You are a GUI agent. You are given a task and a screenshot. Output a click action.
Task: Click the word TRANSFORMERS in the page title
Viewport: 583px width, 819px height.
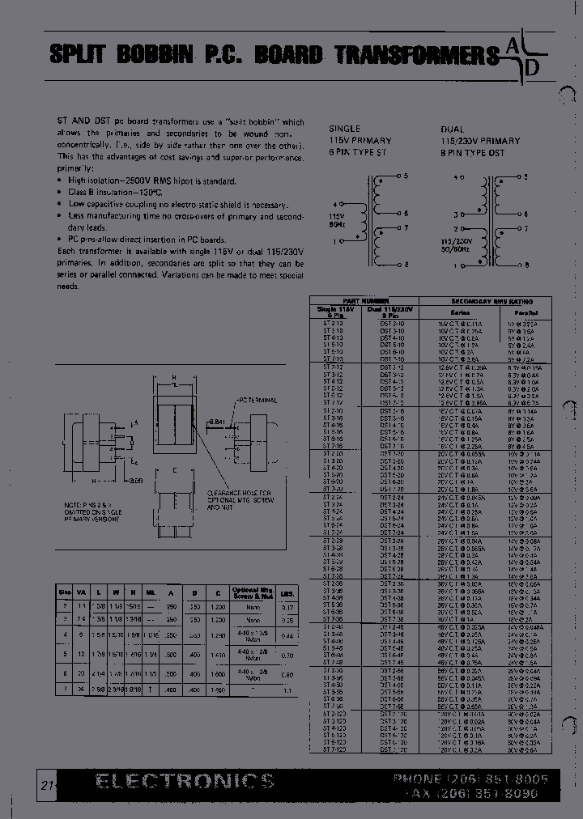(x=416, y=55)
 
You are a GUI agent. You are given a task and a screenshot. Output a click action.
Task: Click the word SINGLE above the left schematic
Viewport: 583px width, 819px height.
(x=344, y=129)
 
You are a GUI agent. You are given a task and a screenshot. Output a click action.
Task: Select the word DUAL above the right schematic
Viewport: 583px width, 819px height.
(x=453, y=129)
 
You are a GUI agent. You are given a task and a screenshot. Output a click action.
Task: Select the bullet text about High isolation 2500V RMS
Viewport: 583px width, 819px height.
(x=152, y=180)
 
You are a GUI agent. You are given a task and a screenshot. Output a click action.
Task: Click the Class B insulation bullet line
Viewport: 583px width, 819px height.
(x=134, y=193)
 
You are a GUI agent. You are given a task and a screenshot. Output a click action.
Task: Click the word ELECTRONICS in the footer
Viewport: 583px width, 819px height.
(x=185, y=780)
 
